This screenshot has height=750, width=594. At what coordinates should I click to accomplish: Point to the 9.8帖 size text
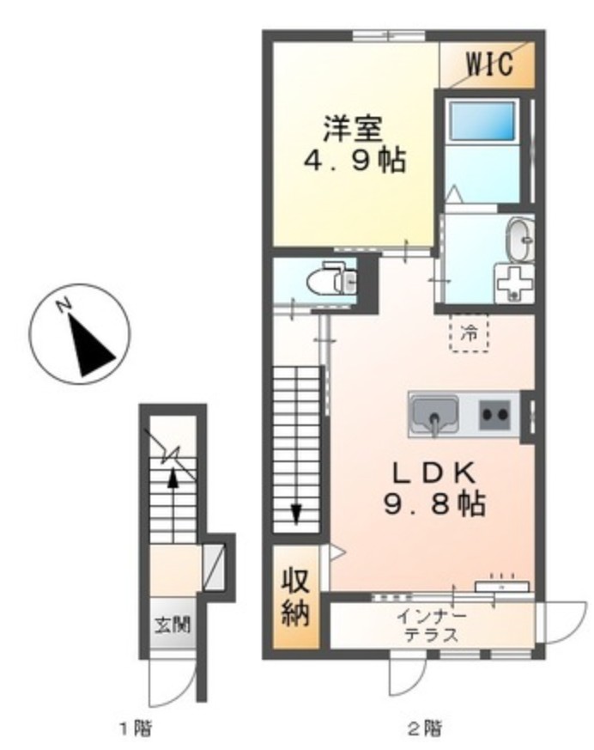pos(427,503)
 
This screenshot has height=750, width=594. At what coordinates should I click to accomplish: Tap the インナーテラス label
pos(430,625)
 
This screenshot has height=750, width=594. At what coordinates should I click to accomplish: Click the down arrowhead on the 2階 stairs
pos(296,513)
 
